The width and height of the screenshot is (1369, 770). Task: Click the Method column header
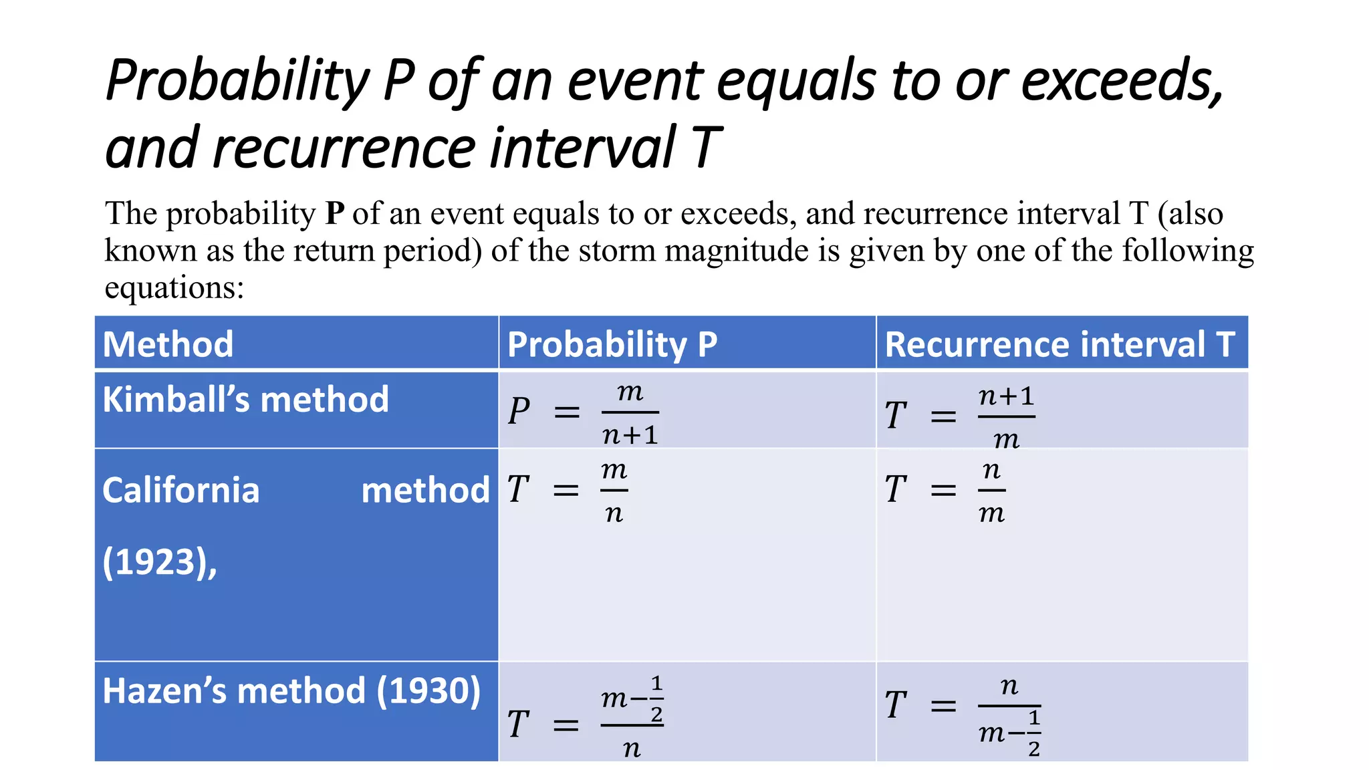coord(168,345)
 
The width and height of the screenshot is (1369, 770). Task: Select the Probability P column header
coord(612,345)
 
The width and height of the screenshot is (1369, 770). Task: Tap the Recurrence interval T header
coord(1060,345)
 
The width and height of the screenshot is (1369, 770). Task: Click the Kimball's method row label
coord(245,400)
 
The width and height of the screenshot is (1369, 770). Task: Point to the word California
coord(180,490)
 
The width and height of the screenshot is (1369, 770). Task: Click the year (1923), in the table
coord(160,561)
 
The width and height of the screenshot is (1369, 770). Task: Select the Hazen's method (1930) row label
coord(291,691)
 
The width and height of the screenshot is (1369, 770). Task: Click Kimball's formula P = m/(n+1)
coord(583,413)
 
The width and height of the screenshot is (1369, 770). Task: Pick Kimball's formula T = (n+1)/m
coord(960,416)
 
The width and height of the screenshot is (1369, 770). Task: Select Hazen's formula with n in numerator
coord(963,715)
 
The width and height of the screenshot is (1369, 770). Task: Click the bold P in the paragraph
coord(334,214)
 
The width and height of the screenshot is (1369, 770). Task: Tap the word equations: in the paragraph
coord(174,288)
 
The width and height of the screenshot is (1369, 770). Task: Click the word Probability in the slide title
coord(237,82)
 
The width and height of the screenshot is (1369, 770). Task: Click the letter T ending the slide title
coord(706,148)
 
